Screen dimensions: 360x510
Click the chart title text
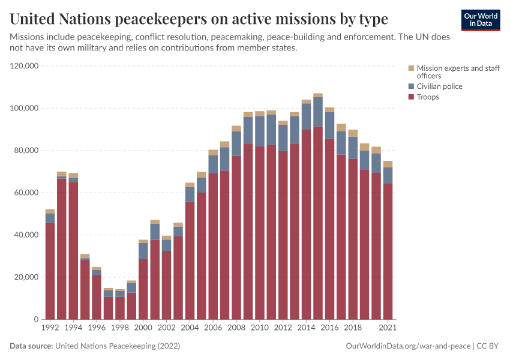pyautogui.click(x=199, y=19)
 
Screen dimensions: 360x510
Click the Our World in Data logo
pyautogui.click(x=480, y=20)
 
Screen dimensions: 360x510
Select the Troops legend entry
pyautogui.click(x=428, y=97)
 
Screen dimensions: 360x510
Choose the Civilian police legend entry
pyautogui.click(x=439, y=86)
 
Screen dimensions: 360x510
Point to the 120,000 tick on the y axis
pyautogui.click(x=25, y=66)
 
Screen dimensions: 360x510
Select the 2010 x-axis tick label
pyautogui.click(x=259, y=328)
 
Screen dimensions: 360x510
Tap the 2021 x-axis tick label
pyautogui.click(x=388, y=328)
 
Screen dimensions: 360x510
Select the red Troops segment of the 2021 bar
pyautogui.click(x=388, y=252)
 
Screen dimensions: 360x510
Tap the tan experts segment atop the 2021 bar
pyautogui.click(x=388, y=164)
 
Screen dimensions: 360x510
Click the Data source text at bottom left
pyautogui.click(x=95, y=346)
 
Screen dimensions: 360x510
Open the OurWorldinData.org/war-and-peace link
pyautogui.click(x=408, y=346)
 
